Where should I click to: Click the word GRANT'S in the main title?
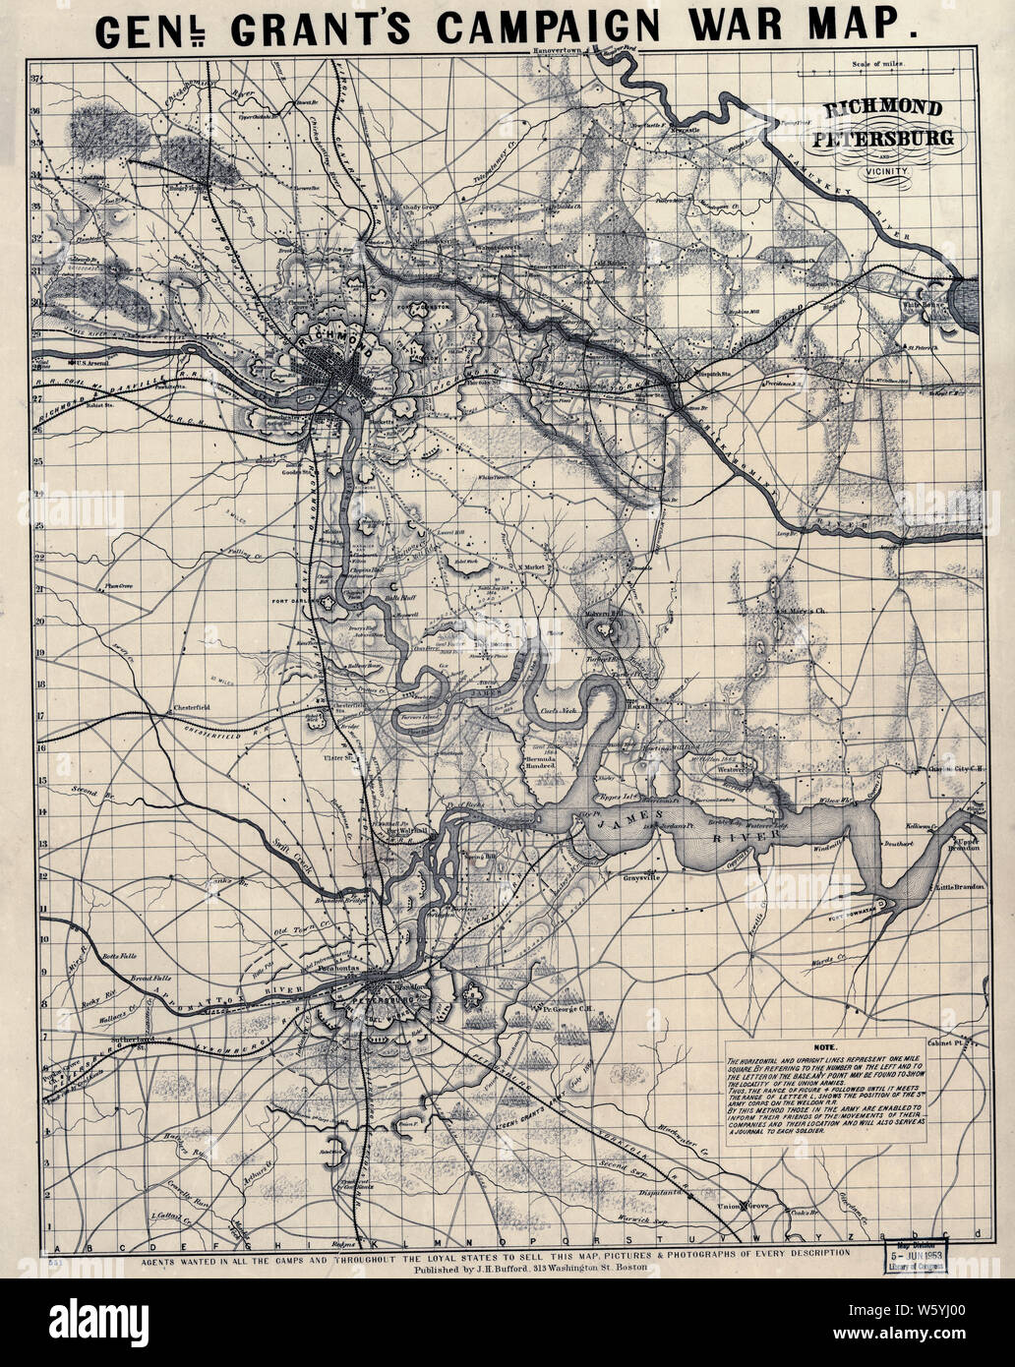click(326, 28)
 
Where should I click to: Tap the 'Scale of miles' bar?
click(875, 71)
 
